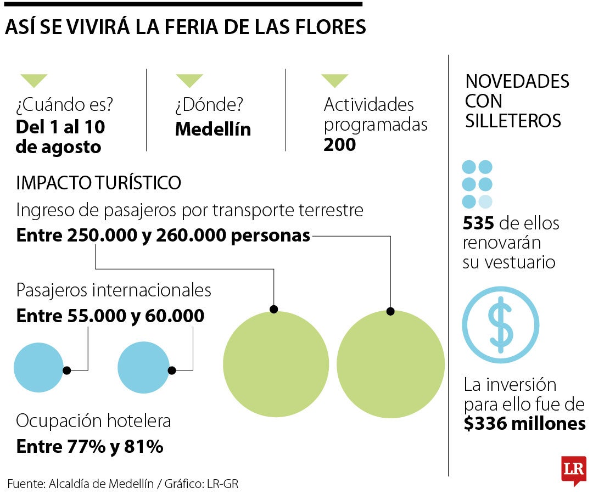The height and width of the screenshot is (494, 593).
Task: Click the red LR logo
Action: tap(573, 470)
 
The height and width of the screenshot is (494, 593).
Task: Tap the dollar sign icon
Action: tap(500, 325)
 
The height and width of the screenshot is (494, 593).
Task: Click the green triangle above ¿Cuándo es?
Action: tap(33, 81)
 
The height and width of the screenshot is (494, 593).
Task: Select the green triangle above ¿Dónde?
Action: tap(189, 81)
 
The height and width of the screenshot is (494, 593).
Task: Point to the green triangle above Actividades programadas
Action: tap(334, 81)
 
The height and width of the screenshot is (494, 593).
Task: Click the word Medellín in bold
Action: tap(213, 130)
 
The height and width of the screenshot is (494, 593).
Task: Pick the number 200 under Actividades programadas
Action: tap(339, 145)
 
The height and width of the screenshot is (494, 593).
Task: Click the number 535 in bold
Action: tap(479, 223)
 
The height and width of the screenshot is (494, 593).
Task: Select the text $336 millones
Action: tap(524, 424)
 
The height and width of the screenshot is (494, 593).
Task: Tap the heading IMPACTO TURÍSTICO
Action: tap(99, 183)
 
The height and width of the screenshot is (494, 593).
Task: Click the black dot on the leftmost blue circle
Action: tap(66, 370)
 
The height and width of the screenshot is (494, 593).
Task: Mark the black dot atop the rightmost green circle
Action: tap(390, 311)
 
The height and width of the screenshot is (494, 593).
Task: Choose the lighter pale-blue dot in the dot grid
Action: tap(485, 201)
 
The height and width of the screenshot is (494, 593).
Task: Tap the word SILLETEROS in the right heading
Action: tap(513, 121)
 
